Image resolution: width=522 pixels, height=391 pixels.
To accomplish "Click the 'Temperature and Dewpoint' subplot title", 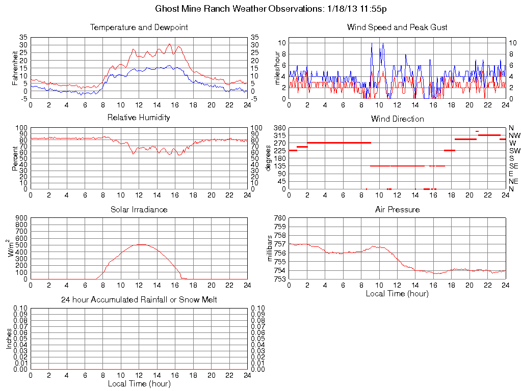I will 139,27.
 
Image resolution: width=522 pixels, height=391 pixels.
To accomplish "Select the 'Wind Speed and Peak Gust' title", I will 397,27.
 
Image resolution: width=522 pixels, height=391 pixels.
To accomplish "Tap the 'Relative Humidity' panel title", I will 139,118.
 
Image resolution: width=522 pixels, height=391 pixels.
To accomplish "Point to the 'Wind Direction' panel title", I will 397,119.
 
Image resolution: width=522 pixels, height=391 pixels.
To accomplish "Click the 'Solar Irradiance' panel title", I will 139,210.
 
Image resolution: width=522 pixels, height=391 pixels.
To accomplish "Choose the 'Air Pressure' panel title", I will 397,210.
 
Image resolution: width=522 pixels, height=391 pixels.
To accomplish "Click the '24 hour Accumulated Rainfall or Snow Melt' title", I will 139,300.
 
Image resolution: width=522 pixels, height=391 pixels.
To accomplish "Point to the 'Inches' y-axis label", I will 9,338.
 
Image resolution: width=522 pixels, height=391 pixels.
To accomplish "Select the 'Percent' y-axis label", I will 15,158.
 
